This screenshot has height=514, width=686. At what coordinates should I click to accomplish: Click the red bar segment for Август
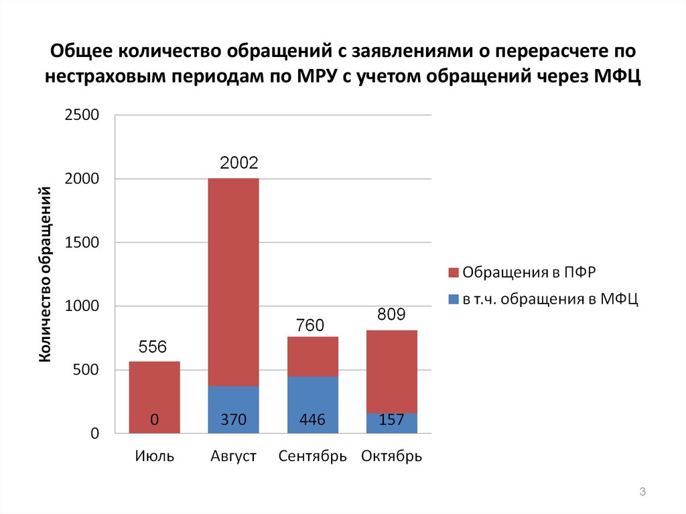tap(233, 281)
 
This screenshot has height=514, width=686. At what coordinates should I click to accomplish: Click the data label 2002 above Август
tap(239, 163)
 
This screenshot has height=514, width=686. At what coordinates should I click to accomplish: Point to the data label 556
tap(153, 347)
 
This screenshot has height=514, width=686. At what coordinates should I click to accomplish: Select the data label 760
tap(310, 326)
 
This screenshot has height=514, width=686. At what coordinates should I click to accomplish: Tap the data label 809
tap(391, 314)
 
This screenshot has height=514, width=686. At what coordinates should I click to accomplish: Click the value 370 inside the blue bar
tap(233, 420)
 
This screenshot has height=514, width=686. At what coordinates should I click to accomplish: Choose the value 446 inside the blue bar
tap(312, 420)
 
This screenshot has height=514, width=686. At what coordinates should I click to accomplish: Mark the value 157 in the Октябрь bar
tap(391, 420)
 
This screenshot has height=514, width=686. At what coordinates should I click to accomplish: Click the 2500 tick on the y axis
tap(81, 115)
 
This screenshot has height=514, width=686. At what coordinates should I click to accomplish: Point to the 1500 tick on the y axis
tap(81, 243)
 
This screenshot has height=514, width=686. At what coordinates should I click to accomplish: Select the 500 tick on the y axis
tap(85, 370)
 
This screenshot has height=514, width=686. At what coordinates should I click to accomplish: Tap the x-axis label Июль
tap(154, 457)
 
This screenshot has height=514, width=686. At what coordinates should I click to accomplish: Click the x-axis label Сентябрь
tap(312, 457)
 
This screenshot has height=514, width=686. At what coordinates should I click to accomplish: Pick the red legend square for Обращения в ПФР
tap(454, 272)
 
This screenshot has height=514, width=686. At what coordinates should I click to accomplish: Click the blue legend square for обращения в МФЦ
tap(454, 300)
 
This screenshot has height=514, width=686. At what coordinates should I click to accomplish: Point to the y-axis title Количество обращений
tap(46, 275)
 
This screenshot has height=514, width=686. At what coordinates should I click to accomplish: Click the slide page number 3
tap(642, 493)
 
